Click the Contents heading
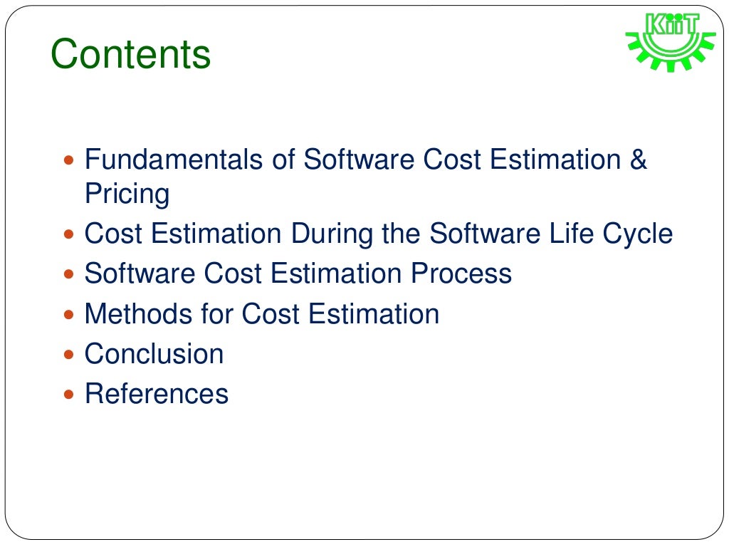point(130,55)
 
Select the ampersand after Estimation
point(638,160)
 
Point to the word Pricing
point(127,194)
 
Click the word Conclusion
point(154,354)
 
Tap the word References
point(157,394)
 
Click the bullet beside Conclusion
point(68,355)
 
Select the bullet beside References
point(68,395)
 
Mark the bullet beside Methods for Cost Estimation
point(68,315)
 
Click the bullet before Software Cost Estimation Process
point(68,275)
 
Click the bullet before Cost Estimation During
point(68,235)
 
